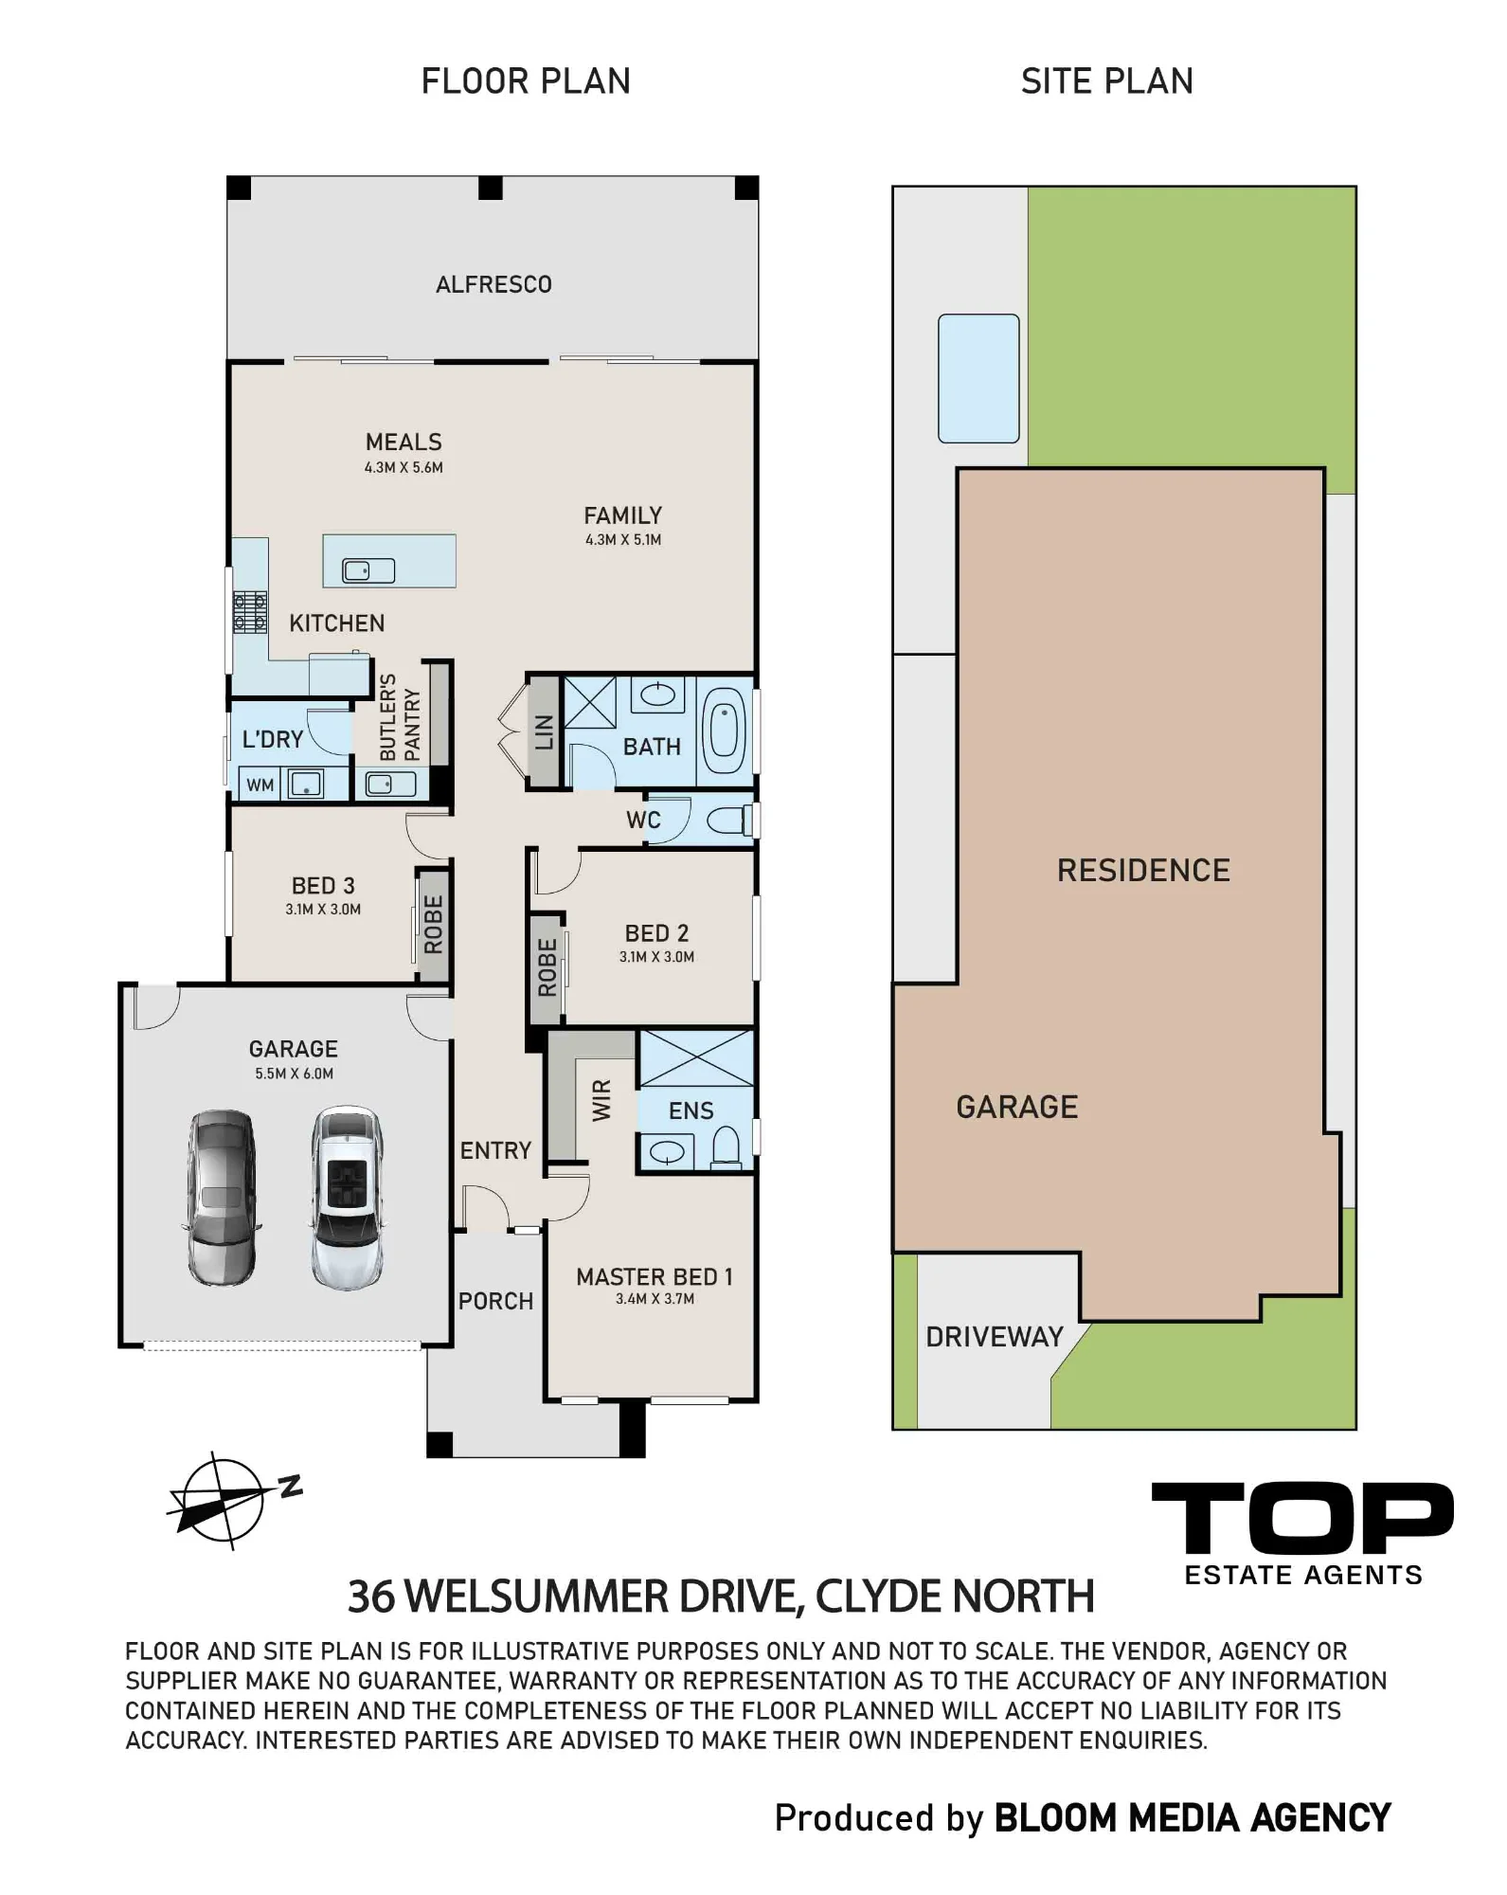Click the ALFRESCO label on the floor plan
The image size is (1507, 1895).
tap(493, 284)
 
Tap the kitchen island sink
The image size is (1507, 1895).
tap(368, 570)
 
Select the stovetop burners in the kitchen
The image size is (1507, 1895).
tap(250, 611)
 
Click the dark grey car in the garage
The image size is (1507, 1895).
tap(222, 1198)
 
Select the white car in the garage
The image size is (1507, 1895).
tap(348, 1198)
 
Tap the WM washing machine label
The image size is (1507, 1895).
tap(260, 785)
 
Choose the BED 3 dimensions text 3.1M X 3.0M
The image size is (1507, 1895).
tap(323, 910)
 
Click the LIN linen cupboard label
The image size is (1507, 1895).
tap(544, 731)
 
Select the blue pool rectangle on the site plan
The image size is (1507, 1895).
tap(978, 378)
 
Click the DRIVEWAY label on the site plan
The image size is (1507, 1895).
tap(995, 1337)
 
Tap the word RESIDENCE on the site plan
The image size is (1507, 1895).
tap(1143, 870)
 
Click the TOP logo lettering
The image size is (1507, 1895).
tap(1302, 1518)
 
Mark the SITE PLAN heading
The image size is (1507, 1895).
tap(1106, 81)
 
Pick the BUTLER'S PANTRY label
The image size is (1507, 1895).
tap(399, 717)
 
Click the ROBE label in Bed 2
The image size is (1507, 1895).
tap(547, 967)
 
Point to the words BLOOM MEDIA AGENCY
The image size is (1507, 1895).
tap(1193, 1818)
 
